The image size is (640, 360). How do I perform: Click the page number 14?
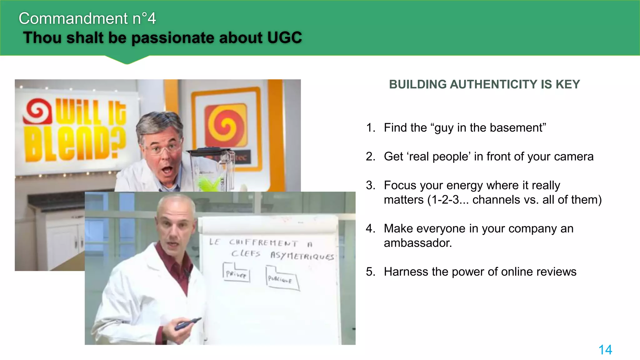coord(605,350)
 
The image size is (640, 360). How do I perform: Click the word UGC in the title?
coord(284,38)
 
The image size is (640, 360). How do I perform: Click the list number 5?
coord(370,272)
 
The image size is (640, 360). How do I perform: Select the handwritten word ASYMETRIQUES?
coord(302,256)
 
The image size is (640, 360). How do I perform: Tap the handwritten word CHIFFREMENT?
coord(263,243)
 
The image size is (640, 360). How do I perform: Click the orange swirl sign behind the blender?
coord(226,125)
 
